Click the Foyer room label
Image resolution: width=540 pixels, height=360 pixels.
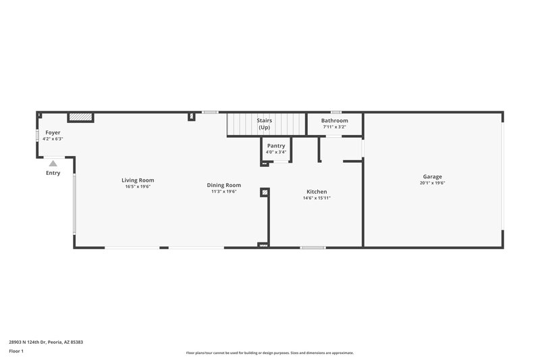53,132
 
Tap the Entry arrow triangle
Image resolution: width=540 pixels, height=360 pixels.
53,163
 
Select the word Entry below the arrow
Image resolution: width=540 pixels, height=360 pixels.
53,173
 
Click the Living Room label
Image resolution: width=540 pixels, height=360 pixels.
138,180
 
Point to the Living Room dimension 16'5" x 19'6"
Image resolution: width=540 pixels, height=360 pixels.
138,186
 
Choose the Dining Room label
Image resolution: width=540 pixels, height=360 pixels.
223,185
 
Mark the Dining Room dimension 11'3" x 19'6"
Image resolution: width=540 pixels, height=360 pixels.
223,192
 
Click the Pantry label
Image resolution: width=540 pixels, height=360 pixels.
276,146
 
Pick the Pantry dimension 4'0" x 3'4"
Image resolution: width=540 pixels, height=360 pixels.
276,152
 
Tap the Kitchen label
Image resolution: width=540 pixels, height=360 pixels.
317,192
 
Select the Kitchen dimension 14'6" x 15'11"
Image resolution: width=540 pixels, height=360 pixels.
317,199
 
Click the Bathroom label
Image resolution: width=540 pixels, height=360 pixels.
335,120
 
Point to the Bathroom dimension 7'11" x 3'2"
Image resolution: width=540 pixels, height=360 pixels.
335,127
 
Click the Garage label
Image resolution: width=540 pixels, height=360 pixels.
433,176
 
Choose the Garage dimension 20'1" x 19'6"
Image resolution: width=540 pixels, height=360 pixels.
433,183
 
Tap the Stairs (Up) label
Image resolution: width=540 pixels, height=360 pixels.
264,124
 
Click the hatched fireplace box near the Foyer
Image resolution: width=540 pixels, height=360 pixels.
80,117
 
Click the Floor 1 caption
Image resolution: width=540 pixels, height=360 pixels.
16,351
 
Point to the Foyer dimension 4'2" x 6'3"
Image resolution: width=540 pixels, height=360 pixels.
53,139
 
